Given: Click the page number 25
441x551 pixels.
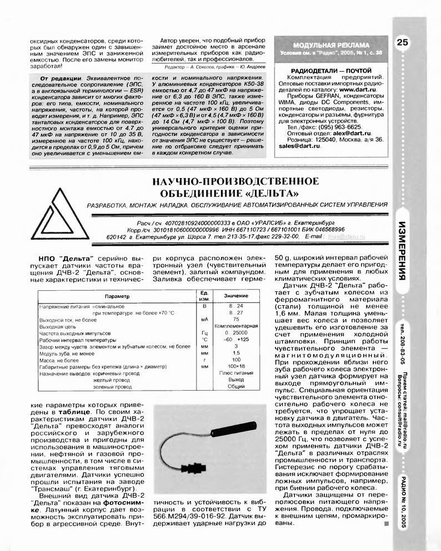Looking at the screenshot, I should click(x=402, y=43).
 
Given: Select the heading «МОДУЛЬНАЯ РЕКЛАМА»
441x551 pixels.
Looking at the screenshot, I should click(x=331, y=44).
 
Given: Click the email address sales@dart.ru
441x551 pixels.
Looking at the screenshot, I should click(x=299, y=147).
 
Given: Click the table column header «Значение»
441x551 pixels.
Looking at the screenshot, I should click(x=236, y=296).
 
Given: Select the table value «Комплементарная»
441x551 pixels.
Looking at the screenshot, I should click(x=236, y=326).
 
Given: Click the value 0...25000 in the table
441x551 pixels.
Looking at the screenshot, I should click(x=236, y=333).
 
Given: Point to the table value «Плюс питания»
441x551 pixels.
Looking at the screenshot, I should click(x=236, y=373).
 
